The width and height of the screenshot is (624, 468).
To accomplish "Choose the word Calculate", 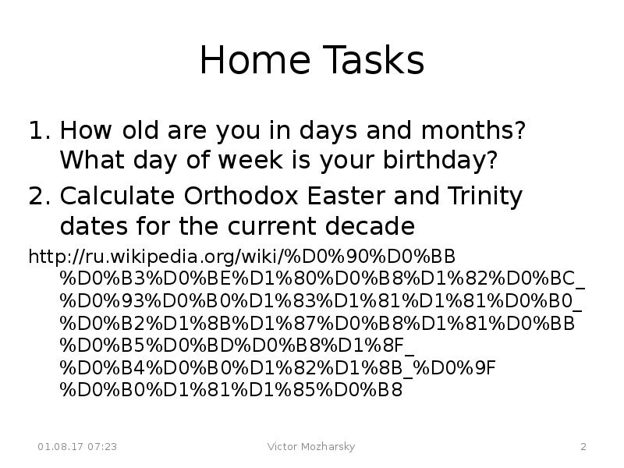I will (117, 195).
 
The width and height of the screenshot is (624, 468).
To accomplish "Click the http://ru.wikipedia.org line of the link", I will (242, 256).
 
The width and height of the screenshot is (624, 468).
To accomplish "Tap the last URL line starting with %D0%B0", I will (231, 389).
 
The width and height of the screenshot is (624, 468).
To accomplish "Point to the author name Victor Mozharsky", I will (311, 447).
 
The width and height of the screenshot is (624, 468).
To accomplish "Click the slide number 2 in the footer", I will (583, 447).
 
